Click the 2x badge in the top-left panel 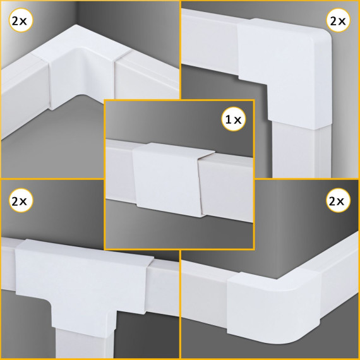click(x=21, y=20)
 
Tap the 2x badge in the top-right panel click(x=338, y=20)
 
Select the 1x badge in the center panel click(x=234, y=119)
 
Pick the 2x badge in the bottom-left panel click(x=21, y=200)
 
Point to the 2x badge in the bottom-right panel click(x=338, y=200)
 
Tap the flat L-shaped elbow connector click(x=285, y=69)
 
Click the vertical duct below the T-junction click(x=85, y=344)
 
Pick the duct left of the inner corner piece click(x=25, y=97)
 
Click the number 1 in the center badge click(x=228, y=119)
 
